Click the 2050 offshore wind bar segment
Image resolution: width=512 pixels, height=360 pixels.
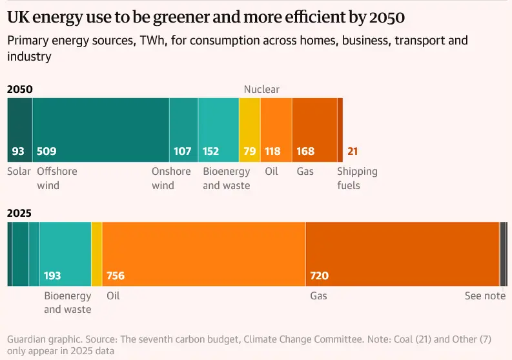click(x=101, y=130)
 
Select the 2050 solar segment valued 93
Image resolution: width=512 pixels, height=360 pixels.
click(x=19, y=130)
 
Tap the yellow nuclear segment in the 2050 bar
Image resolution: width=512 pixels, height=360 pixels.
click(x=249, y=130)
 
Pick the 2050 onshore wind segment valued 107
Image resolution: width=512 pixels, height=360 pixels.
click(x=183, y=130)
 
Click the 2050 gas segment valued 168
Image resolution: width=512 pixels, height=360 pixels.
click(x=314, y=130)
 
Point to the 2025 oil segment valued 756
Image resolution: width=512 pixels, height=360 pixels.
click(x=203, y=254)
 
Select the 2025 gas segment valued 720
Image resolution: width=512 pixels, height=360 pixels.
click(x=402, y=254)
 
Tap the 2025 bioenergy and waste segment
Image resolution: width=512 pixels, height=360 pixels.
click(x=65, y=254)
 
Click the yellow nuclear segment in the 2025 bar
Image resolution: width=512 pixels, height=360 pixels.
click(x=97, y=254)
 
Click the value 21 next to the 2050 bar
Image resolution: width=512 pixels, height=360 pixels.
click(x=353, y=152)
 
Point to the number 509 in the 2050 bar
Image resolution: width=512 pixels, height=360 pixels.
click(x=46, y=152)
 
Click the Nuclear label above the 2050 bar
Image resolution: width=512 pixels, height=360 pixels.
click(x=261, y=89)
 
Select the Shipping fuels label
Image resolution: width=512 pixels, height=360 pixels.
click(x=357, y=179)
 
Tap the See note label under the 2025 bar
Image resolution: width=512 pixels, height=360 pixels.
click(x=485, y=296)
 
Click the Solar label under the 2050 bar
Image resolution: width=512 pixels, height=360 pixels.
click(x=19, y=172)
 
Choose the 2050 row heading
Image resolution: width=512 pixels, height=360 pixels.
click(x=19, y=89)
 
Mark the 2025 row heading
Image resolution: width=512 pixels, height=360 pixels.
click(x=19, y=213)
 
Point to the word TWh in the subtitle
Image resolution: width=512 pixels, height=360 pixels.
click(x=150, y=41)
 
